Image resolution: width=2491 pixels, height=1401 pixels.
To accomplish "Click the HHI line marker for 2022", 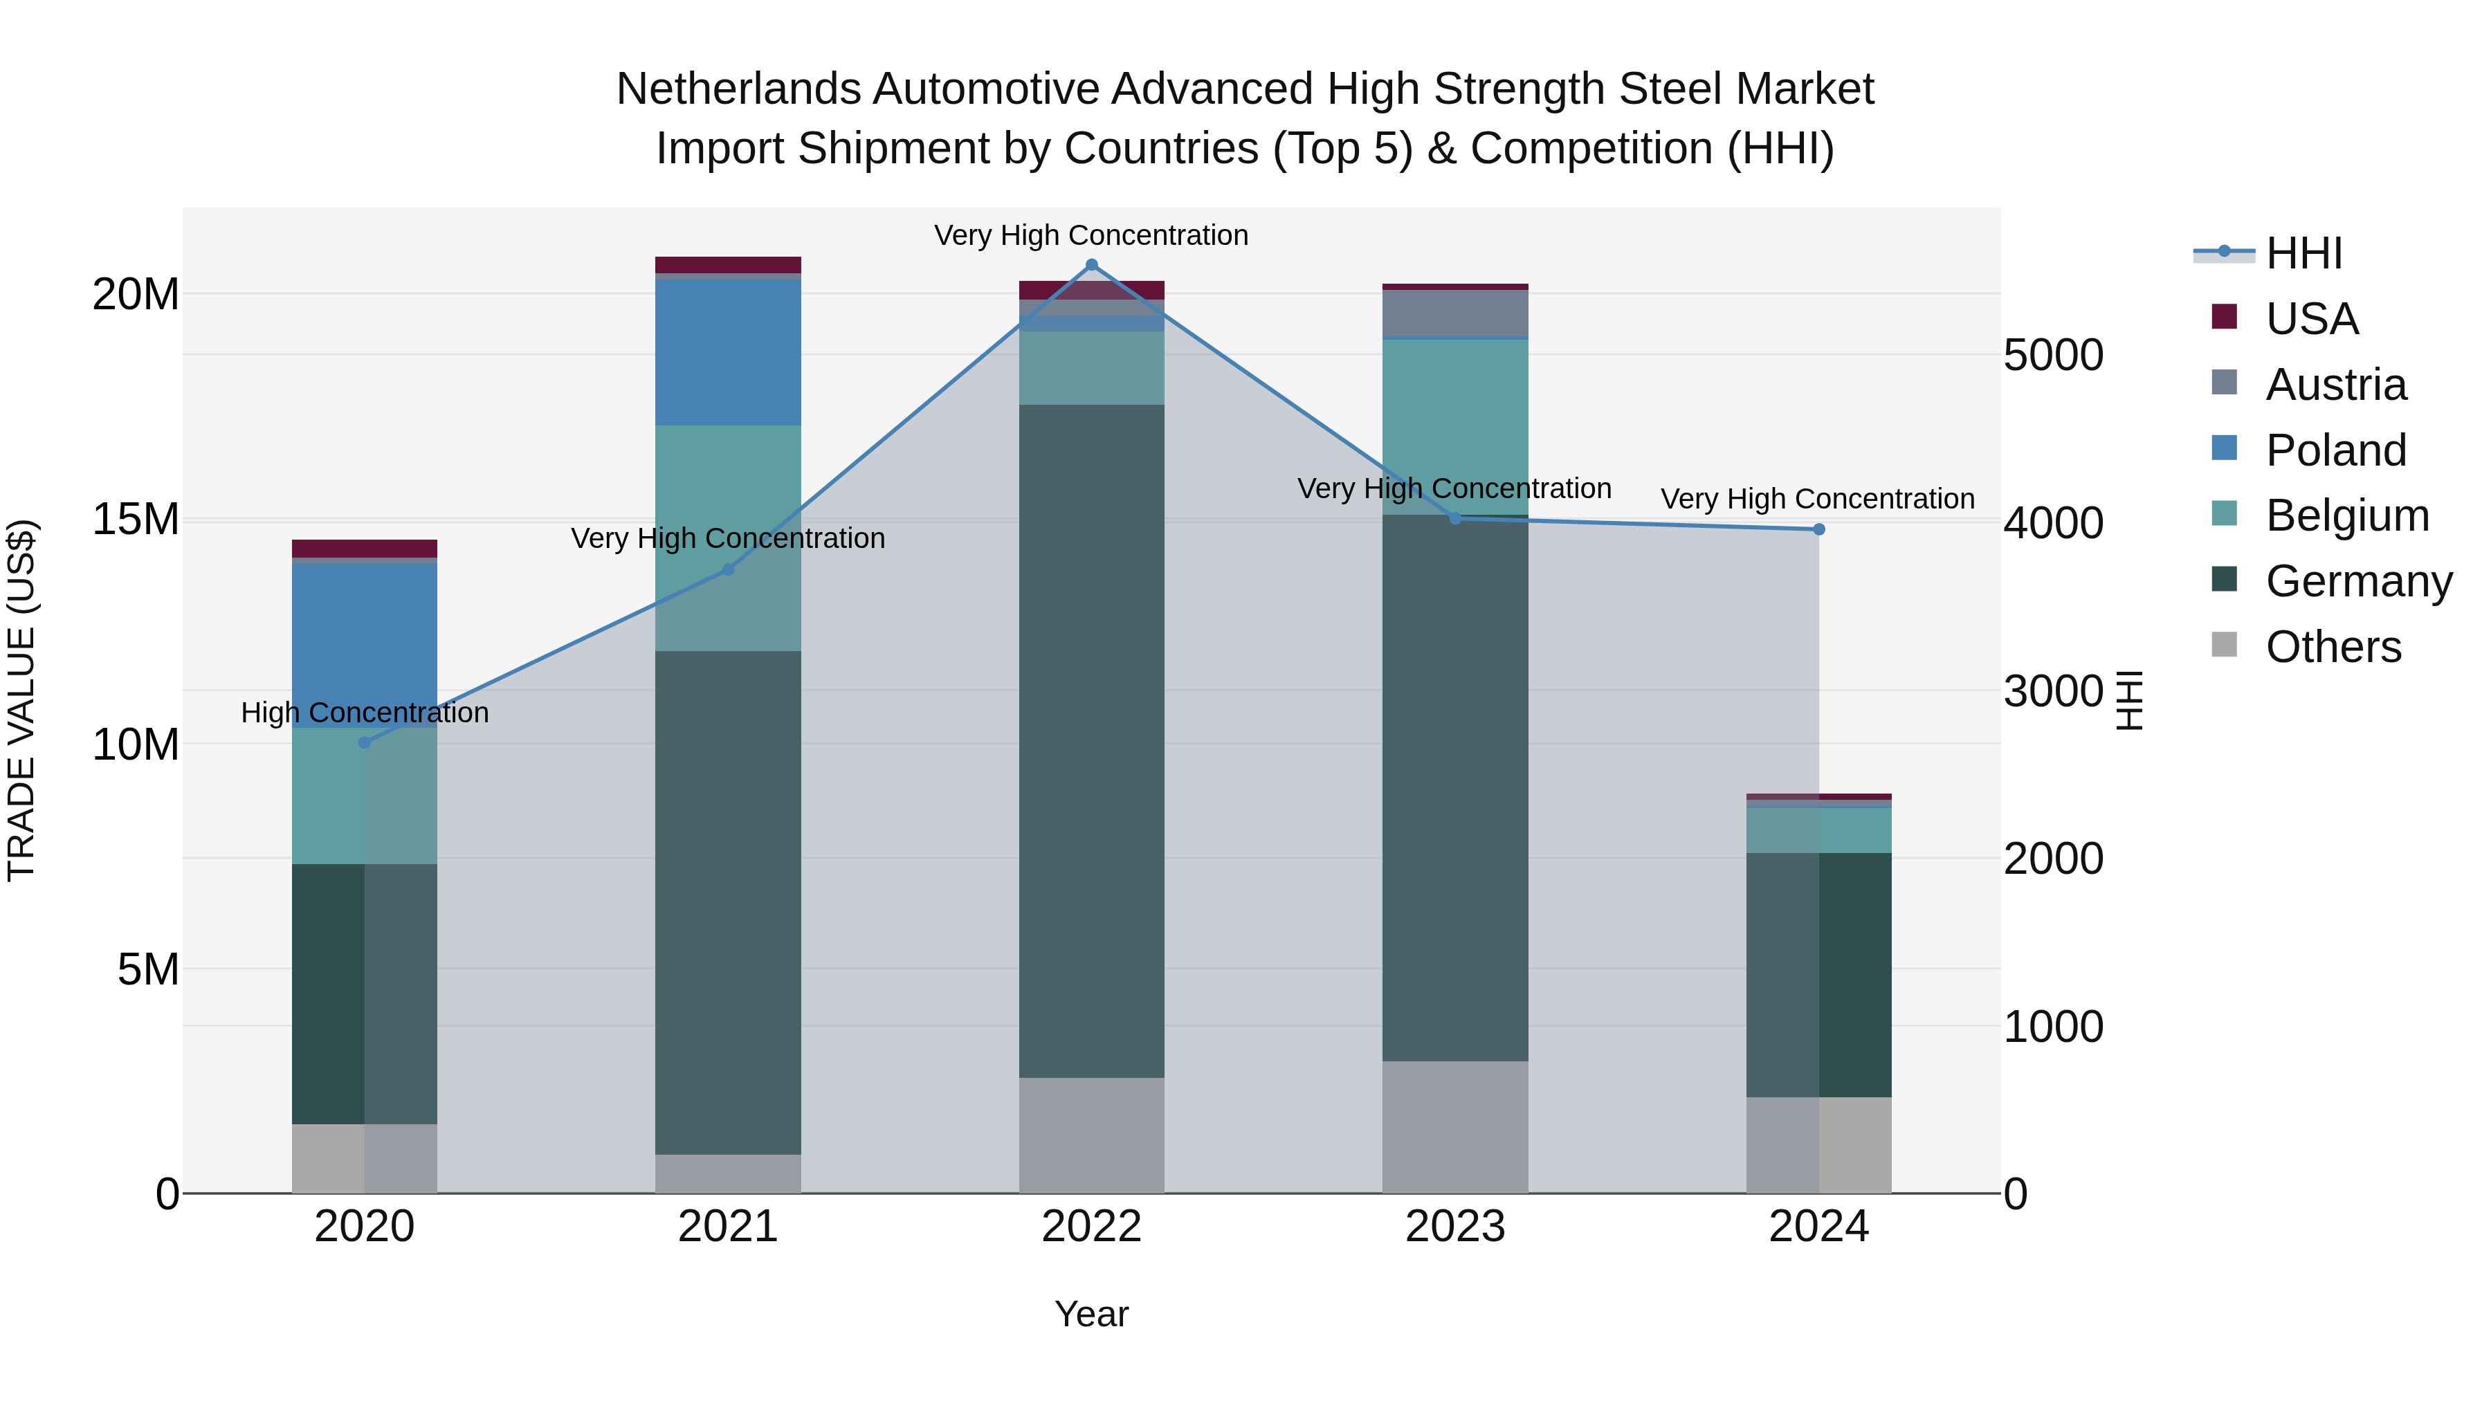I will (x=1092, y=265).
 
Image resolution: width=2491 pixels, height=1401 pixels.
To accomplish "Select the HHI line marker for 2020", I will (x=365, y=742).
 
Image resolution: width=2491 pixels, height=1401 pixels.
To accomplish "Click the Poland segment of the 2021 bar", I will (x=728, y=352).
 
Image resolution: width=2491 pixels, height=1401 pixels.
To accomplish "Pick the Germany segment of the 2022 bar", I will (x=1092, y=740).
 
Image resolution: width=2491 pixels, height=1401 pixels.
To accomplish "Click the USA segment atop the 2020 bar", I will (x=365, y=548).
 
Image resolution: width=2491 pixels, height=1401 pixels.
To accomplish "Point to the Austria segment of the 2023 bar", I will (x=1455, y=313).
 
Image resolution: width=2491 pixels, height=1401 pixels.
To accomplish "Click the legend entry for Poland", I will (x=2335, y=450).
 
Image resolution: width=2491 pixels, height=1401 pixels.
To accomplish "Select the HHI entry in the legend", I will (x=2303, y=253).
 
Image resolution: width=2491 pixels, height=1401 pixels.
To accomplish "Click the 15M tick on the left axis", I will (x=136, y=519).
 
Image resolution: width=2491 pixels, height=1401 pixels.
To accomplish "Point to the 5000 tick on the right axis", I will (x=2053, y=355).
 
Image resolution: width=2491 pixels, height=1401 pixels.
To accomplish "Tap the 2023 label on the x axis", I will (x=1455, y=1227).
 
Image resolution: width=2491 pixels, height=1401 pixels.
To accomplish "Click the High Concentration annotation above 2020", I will (x=365, y=713).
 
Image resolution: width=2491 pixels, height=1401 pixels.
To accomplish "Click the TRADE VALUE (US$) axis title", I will (x=21, y=700).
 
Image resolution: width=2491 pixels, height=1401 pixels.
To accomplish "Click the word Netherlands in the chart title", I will (x=738, y=89).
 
